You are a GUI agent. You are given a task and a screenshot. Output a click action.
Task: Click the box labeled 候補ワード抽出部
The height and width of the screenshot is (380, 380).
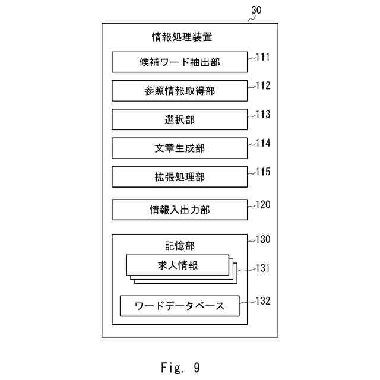coord(179,61)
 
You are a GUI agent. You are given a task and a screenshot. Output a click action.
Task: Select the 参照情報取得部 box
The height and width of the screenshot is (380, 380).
coord(179,90)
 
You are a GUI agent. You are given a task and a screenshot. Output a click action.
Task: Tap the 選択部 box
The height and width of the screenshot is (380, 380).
coord(179,119)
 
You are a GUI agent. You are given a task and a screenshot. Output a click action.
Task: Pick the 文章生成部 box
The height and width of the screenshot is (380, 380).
coord(179,148)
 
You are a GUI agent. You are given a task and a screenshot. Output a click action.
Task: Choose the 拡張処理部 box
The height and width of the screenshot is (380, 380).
coord(179,177)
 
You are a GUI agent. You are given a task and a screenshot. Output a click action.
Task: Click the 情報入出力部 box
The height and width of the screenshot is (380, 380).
coord(179,210)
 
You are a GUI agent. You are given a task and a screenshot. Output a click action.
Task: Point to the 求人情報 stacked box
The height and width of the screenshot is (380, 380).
coord(178,265)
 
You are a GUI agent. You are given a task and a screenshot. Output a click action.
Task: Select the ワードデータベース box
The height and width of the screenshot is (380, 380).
coord(179,306)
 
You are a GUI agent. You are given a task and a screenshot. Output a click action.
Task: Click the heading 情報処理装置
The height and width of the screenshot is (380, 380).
coord(182,37)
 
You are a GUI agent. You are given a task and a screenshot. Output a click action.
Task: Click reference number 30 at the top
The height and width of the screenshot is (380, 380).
coord(256,10)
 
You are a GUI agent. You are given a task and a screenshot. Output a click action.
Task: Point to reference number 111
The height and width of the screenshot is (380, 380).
coord(263,58)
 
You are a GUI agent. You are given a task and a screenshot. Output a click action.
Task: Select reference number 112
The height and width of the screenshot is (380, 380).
coord(263,86)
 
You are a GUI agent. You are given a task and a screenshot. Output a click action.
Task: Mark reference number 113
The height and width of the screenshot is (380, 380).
coord(263,115)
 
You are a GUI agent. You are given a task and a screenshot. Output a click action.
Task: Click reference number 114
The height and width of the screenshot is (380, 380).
coord(263,143)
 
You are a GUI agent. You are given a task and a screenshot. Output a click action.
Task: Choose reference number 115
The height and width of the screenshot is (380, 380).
coord(263,172)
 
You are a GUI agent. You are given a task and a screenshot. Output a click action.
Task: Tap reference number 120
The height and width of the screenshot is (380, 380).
coord(263,205)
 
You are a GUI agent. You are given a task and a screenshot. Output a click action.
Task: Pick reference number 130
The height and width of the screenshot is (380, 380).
coord(263,240)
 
